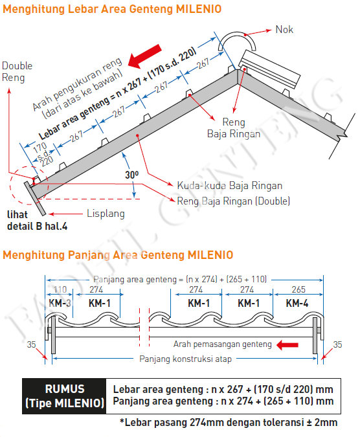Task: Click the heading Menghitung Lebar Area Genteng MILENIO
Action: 111,10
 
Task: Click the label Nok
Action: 284,30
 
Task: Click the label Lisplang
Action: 105,214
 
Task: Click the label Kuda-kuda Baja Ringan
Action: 229,186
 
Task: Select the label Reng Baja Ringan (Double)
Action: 234,201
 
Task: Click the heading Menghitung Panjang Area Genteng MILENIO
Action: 118,255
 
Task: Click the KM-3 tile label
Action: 60,303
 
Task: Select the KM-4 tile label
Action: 297,303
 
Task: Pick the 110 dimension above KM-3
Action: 60,289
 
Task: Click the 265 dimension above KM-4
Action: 297,289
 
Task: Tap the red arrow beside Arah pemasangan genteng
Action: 283,345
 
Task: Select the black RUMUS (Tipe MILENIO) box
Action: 64,396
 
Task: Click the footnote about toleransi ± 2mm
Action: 228,423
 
